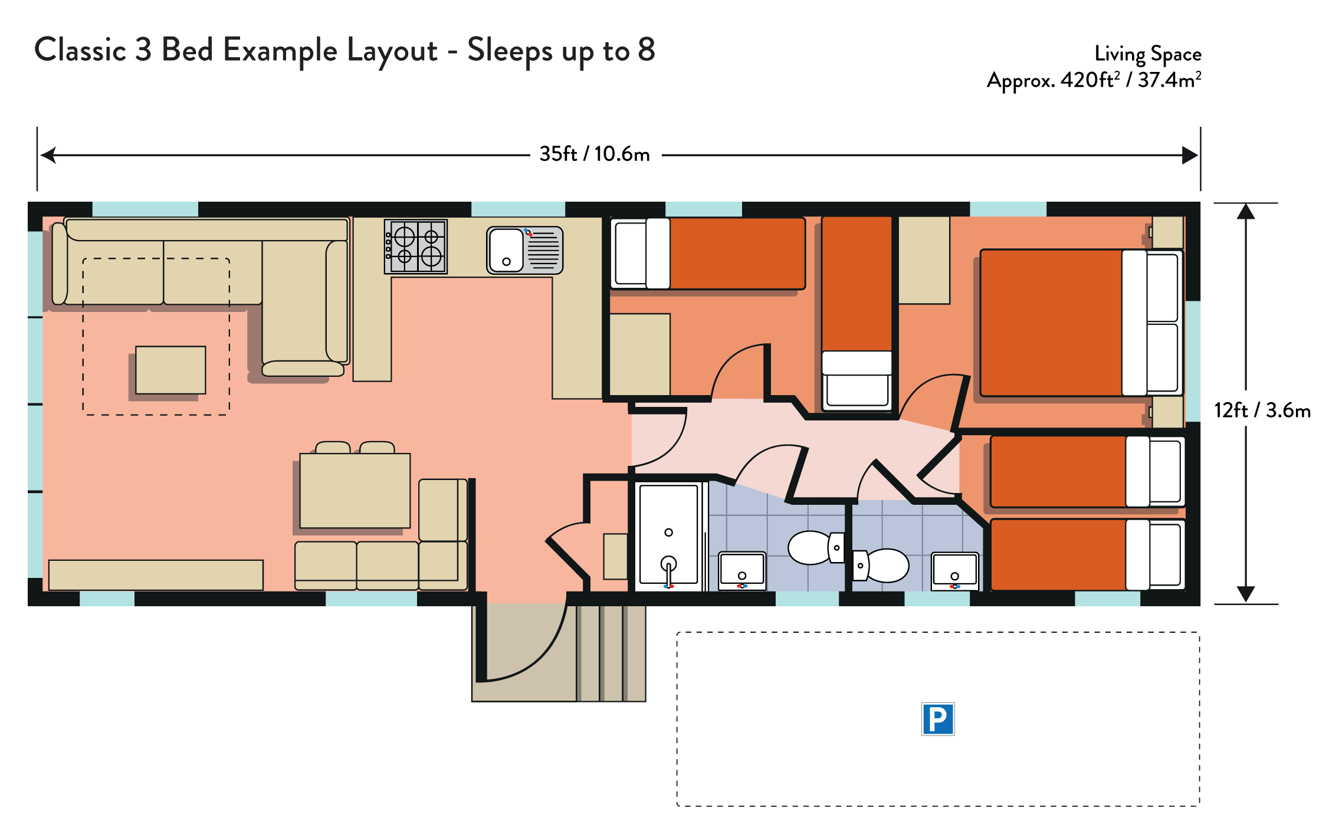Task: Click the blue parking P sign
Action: coord(938,719)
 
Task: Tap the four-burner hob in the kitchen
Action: coord(416,247)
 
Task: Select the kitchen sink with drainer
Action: coord(524,251)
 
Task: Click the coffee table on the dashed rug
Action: coord(170,370)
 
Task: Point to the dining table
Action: coord(355,491)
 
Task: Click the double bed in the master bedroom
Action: coord(1081,323)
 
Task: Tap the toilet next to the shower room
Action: coord(816,547)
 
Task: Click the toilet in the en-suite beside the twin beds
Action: coord(881,566)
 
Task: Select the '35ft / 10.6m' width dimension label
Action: coord(595,154)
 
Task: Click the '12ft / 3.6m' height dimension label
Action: coord(1262,410)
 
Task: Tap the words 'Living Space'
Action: coord(1148,54)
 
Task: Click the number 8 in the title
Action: coord(646,49)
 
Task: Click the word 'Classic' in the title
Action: coord(80,50)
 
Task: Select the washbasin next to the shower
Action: coord(742,571)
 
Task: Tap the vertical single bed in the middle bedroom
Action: coord(857,313)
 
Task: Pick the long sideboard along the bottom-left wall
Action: coord(156,575)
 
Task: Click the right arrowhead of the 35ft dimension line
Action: coord(1190,155)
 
